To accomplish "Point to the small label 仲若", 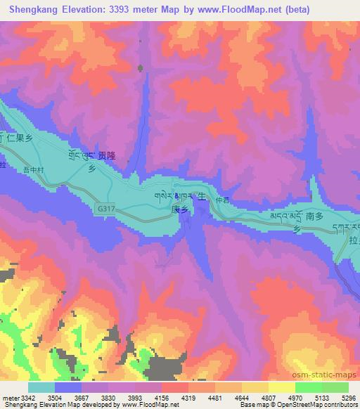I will pos(222,200).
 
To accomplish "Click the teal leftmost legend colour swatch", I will pos(41,387).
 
